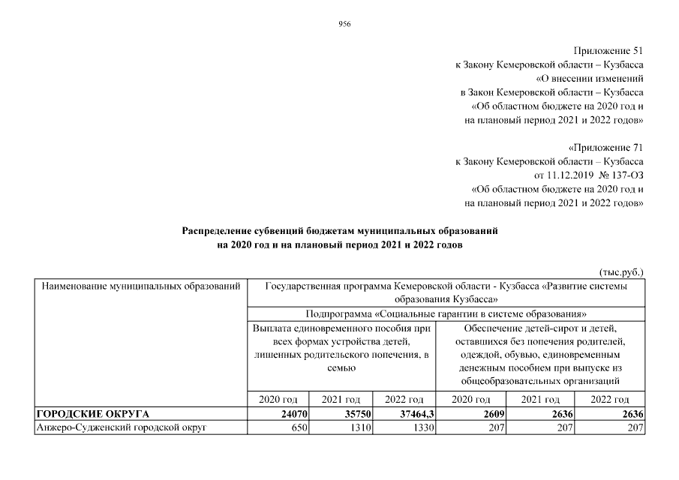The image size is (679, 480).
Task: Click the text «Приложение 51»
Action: (608, 51)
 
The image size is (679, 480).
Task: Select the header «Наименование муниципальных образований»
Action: (141, 286)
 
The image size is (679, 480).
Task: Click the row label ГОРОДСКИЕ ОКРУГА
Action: (93, 413)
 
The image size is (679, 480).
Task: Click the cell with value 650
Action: (297, 427)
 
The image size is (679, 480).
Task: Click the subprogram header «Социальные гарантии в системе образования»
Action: (446, 313)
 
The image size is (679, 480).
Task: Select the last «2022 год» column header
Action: (609, 399)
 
